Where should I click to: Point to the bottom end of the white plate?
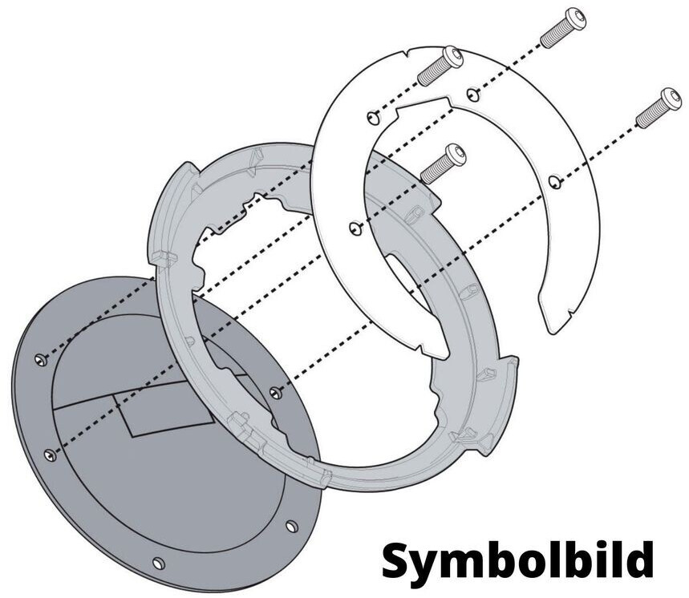[x=558, y=321]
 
